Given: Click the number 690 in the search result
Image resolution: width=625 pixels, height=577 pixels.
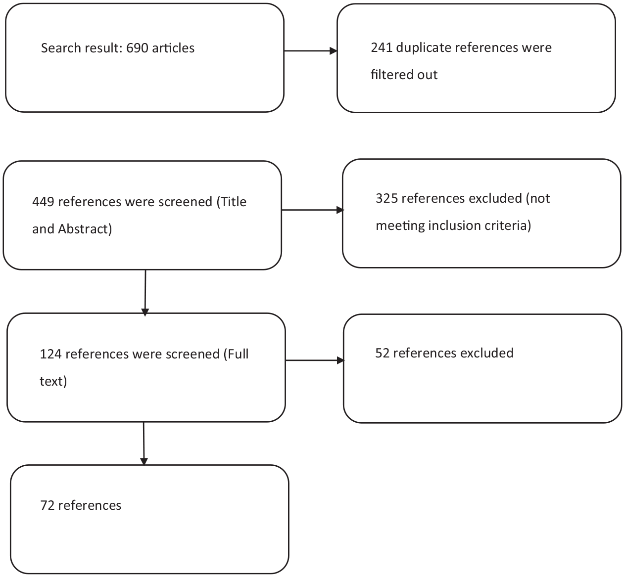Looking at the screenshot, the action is (x=137, y=48).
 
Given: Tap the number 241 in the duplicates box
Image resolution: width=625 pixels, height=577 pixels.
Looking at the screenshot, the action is (x=382, y=48).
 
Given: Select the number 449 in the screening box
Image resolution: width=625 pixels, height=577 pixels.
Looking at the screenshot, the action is (x=43, y=202).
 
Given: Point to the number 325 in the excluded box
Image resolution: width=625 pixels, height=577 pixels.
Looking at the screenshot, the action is (x=386, y=198).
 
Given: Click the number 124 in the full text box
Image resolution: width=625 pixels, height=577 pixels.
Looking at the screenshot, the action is (x=50, y=355).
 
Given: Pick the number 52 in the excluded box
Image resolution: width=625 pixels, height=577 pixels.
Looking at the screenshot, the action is (x=383, y=353).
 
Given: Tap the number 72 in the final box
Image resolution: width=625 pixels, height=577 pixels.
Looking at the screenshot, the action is (x=47, y=506).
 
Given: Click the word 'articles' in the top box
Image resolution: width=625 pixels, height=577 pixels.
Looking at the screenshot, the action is (x=173, y=48).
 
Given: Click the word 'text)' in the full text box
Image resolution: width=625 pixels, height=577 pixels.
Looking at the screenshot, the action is (x=53, y=381).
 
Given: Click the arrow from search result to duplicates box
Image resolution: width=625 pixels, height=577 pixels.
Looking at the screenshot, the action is (x=311, y=51).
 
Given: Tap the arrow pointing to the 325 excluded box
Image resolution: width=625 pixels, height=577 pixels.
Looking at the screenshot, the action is (x=313, y=210).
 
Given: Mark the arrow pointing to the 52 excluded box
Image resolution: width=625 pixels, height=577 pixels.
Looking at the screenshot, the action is (x=315, y=360).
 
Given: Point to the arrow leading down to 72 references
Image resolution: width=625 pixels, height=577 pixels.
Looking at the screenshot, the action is (x=144, y=444).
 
